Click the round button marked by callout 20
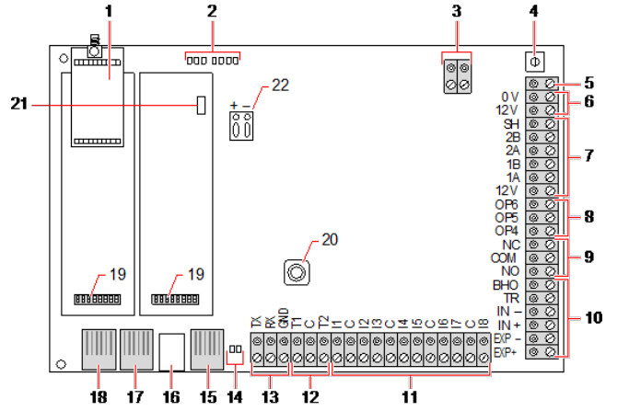(295, 273)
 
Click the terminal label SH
(511, 123)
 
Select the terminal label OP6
(508, 203)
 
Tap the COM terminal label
(507, 258)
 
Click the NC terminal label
(511, 245)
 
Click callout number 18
(95, 399)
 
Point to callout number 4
(533, 14)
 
